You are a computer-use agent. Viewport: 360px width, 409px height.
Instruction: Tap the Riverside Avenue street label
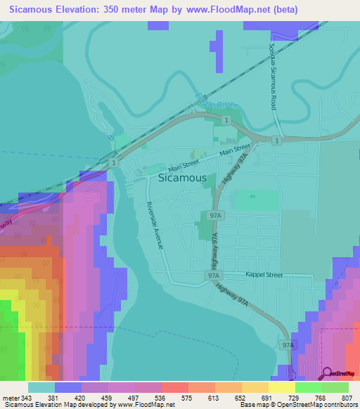(x=155, y=226)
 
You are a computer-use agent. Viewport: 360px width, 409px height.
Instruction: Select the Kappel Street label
(x=264, y=275)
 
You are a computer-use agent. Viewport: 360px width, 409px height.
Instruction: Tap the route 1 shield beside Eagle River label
(x=226, y=122)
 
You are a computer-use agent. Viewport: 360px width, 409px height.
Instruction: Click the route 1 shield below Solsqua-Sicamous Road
(x=278, y=141)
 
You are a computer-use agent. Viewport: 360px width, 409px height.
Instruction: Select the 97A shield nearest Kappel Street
(x=214, y=277)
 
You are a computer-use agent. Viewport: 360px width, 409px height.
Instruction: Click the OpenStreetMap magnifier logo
(x=327, y=374)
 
